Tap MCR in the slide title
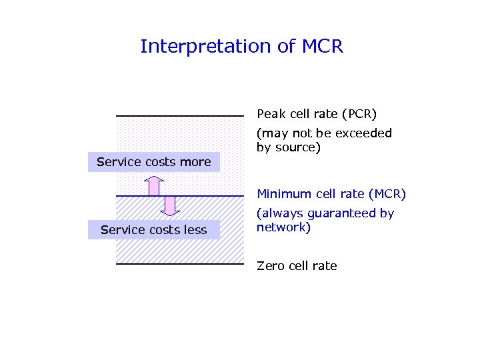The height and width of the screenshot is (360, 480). click(x=322, y=47)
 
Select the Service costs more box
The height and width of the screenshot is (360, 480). click(x=154, y=162)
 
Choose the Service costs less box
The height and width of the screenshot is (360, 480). click(x=154, y=230)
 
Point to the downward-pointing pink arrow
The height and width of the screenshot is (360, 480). click(x=171, y=205)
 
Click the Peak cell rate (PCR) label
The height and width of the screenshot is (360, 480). click(x=317, y=114)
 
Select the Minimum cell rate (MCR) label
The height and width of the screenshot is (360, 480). click(x=331, y=194)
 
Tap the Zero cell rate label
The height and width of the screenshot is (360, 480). click(x=297, y=266)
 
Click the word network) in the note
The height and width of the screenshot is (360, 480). click(x=283, y=227)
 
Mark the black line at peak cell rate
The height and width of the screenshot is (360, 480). click(x=180, y=117)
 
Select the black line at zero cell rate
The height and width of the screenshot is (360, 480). click(x=180, y=264)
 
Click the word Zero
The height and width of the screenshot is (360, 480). click(x=271, y=266)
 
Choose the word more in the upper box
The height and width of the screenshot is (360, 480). click(x=197, y=162)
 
